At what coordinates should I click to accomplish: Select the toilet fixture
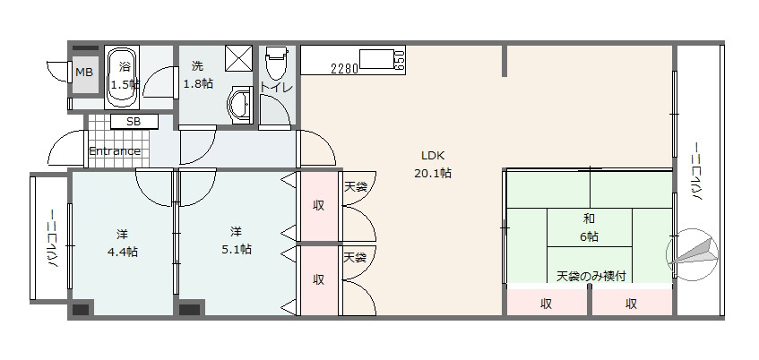(x=275, y=64)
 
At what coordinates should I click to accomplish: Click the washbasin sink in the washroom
(x=240, y=104)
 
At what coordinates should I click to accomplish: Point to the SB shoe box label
(x=133, y=122)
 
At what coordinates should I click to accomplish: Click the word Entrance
(x=114, y=150)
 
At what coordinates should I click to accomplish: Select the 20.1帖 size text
(x=433, y=173)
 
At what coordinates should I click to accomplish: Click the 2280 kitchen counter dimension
(x=344, y=68)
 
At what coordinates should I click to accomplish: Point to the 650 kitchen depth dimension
(x=399, y=61)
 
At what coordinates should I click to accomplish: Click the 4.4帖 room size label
(x=121, y=252)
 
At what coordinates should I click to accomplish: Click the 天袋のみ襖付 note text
(x=591, y=275)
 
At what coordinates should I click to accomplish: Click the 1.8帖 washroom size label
(x=198, y=83)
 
